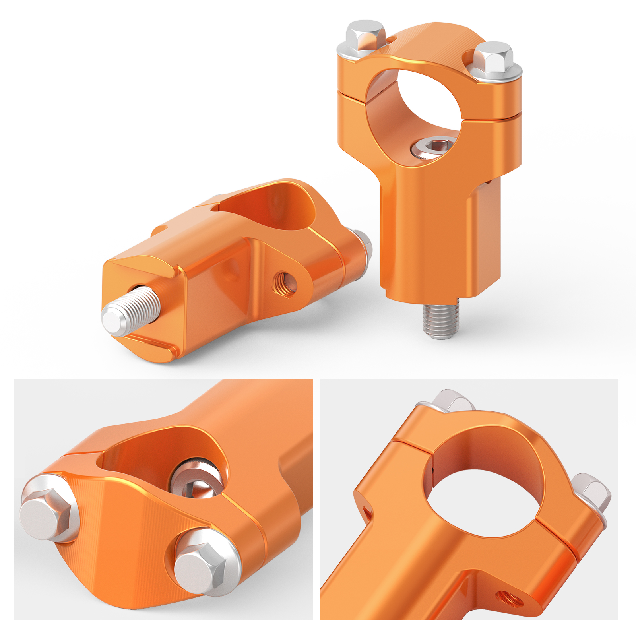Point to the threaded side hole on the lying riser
[285, 283]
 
